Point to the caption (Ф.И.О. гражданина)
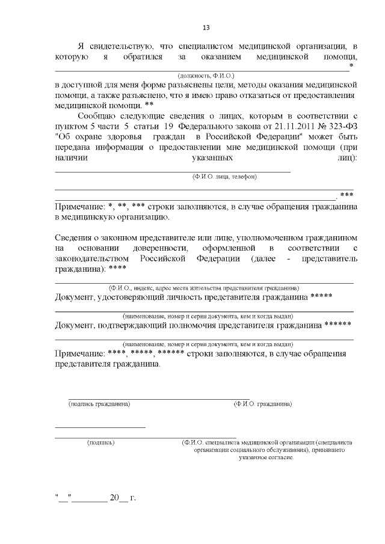263,404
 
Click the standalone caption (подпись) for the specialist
101,442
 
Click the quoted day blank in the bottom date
63,498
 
